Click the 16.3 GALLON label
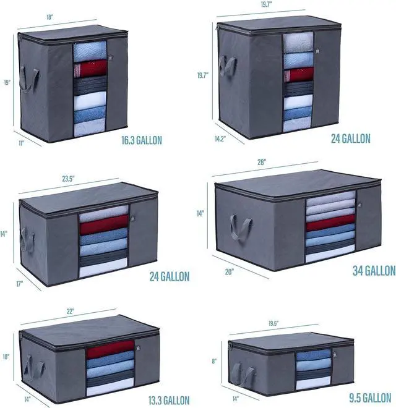(142, 140)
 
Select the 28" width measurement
(262, 163)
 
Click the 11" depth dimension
(21, 143)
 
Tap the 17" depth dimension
(20, 284)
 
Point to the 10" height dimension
(6, 357)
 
